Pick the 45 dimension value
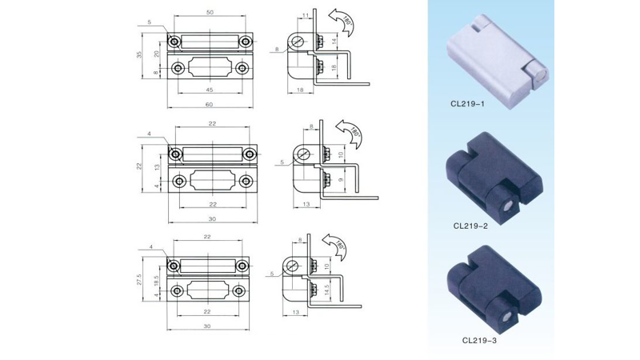[210, 89]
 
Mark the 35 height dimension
[139, 55]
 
